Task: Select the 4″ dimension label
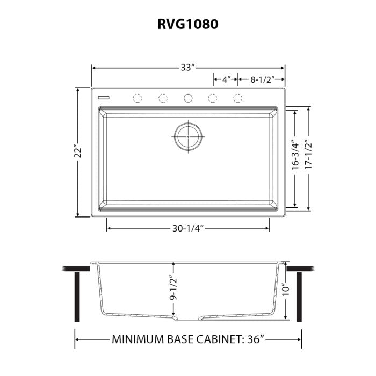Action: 226,80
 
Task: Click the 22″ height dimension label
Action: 79,153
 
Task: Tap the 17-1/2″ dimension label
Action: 308,156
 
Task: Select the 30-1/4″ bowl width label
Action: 187,228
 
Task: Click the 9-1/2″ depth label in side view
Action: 173,288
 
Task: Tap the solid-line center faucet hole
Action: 188,98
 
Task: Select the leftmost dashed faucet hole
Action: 138,98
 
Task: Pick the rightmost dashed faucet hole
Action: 237,98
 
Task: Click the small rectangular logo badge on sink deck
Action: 104,98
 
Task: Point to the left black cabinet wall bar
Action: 77,295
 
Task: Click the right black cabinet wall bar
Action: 299,295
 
